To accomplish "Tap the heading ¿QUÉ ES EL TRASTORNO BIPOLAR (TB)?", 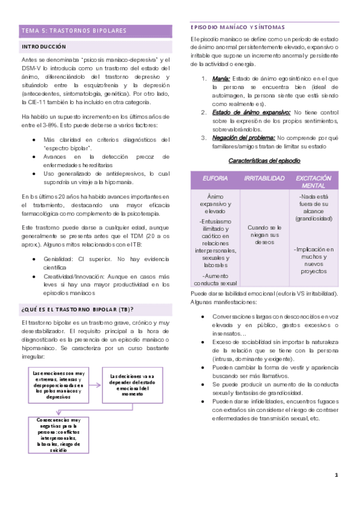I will [77, 309].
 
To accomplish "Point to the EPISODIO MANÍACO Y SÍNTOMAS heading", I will [237, 28].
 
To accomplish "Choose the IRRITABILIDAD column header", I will [264, 179].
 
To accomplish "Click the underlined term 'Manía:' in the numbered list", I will [221, 79].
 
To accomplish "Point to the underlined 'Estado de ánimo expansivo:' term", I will [251, 112].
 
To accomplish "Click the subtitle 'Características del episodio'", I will [264, 161].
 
